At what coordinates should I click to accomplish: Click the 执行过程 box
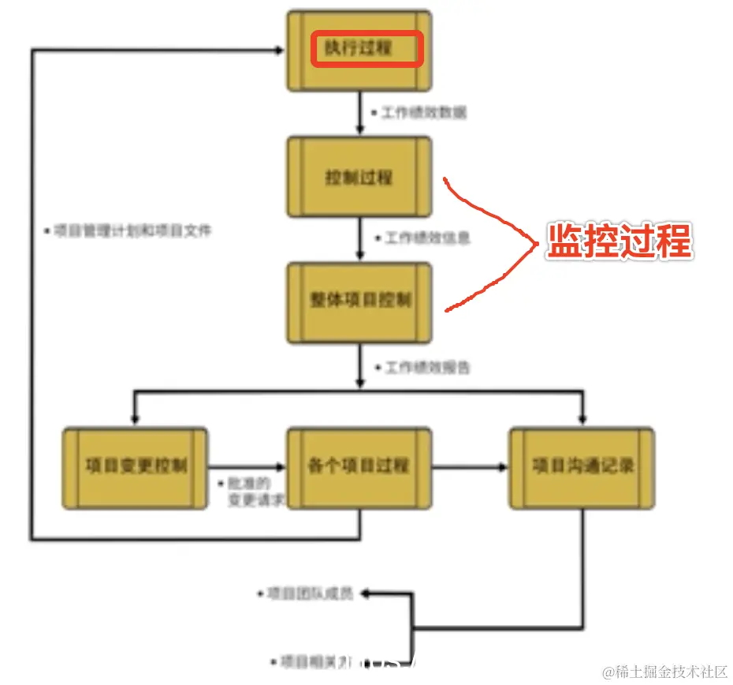point(359,49)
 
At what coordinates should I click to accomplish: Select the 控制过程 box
point(359,177)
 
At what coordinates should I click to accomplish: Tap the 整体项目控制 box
point(359,302)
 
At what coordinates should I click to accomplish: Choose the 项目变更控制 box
point(136,467)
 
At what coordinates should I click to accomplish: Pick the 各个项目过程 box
point(359,467)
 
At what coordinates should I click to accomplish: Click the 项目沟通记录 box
point(582,467)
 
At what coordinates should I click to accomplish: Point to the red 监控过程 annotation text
point(620,241)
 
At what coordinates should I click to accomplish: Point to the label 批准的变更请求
point(249,492)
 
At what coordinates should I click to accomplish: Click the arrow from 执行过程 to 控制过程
point(360,114)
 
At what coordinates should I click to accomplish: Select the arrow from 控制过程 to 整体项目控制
point(360,239)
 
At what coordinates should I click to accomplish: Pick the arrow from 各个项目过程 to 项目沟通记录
point(471,467)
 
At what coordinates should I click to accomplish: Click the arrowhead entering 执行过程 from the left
point(277,49)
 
